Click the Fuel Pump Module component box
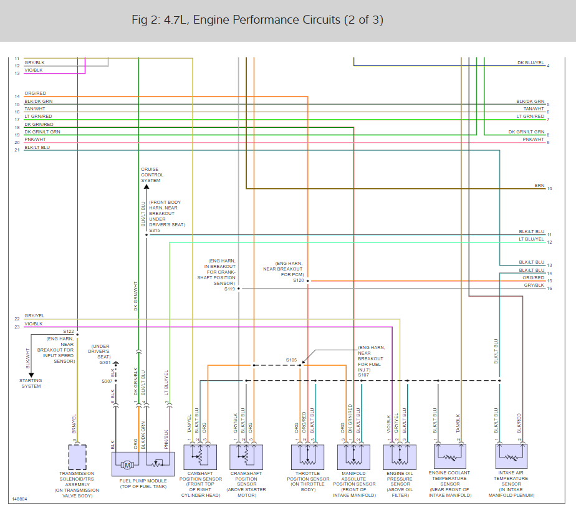pos(143,464)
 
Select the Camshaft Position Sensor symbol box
pos(200,457)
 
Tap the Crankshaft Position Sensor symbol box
pos(246,457)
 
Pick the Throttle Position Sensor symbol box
pos(308,457)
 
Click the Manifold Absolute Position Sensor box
pos(353,457)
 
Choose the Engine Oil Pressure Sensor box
pos(400,457)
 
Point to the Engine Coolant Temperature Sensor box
pos(450,456)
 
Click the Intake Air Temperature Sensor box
pos(511,456)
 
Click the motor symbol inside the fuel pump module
pos(127,465)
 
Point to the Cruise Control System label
pos(152,175)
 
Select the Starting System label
pos(31,383)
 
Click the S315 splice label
pos(155,230)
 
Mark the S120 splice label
pos(298,280)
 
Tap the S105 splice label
pos(291,360)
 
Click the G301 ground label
pos(105,363)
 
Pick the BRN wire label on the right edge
pos(539,186)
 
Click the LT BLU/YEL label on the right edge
pos(531,239)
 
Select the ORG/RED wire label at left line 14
pos(36,93)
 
